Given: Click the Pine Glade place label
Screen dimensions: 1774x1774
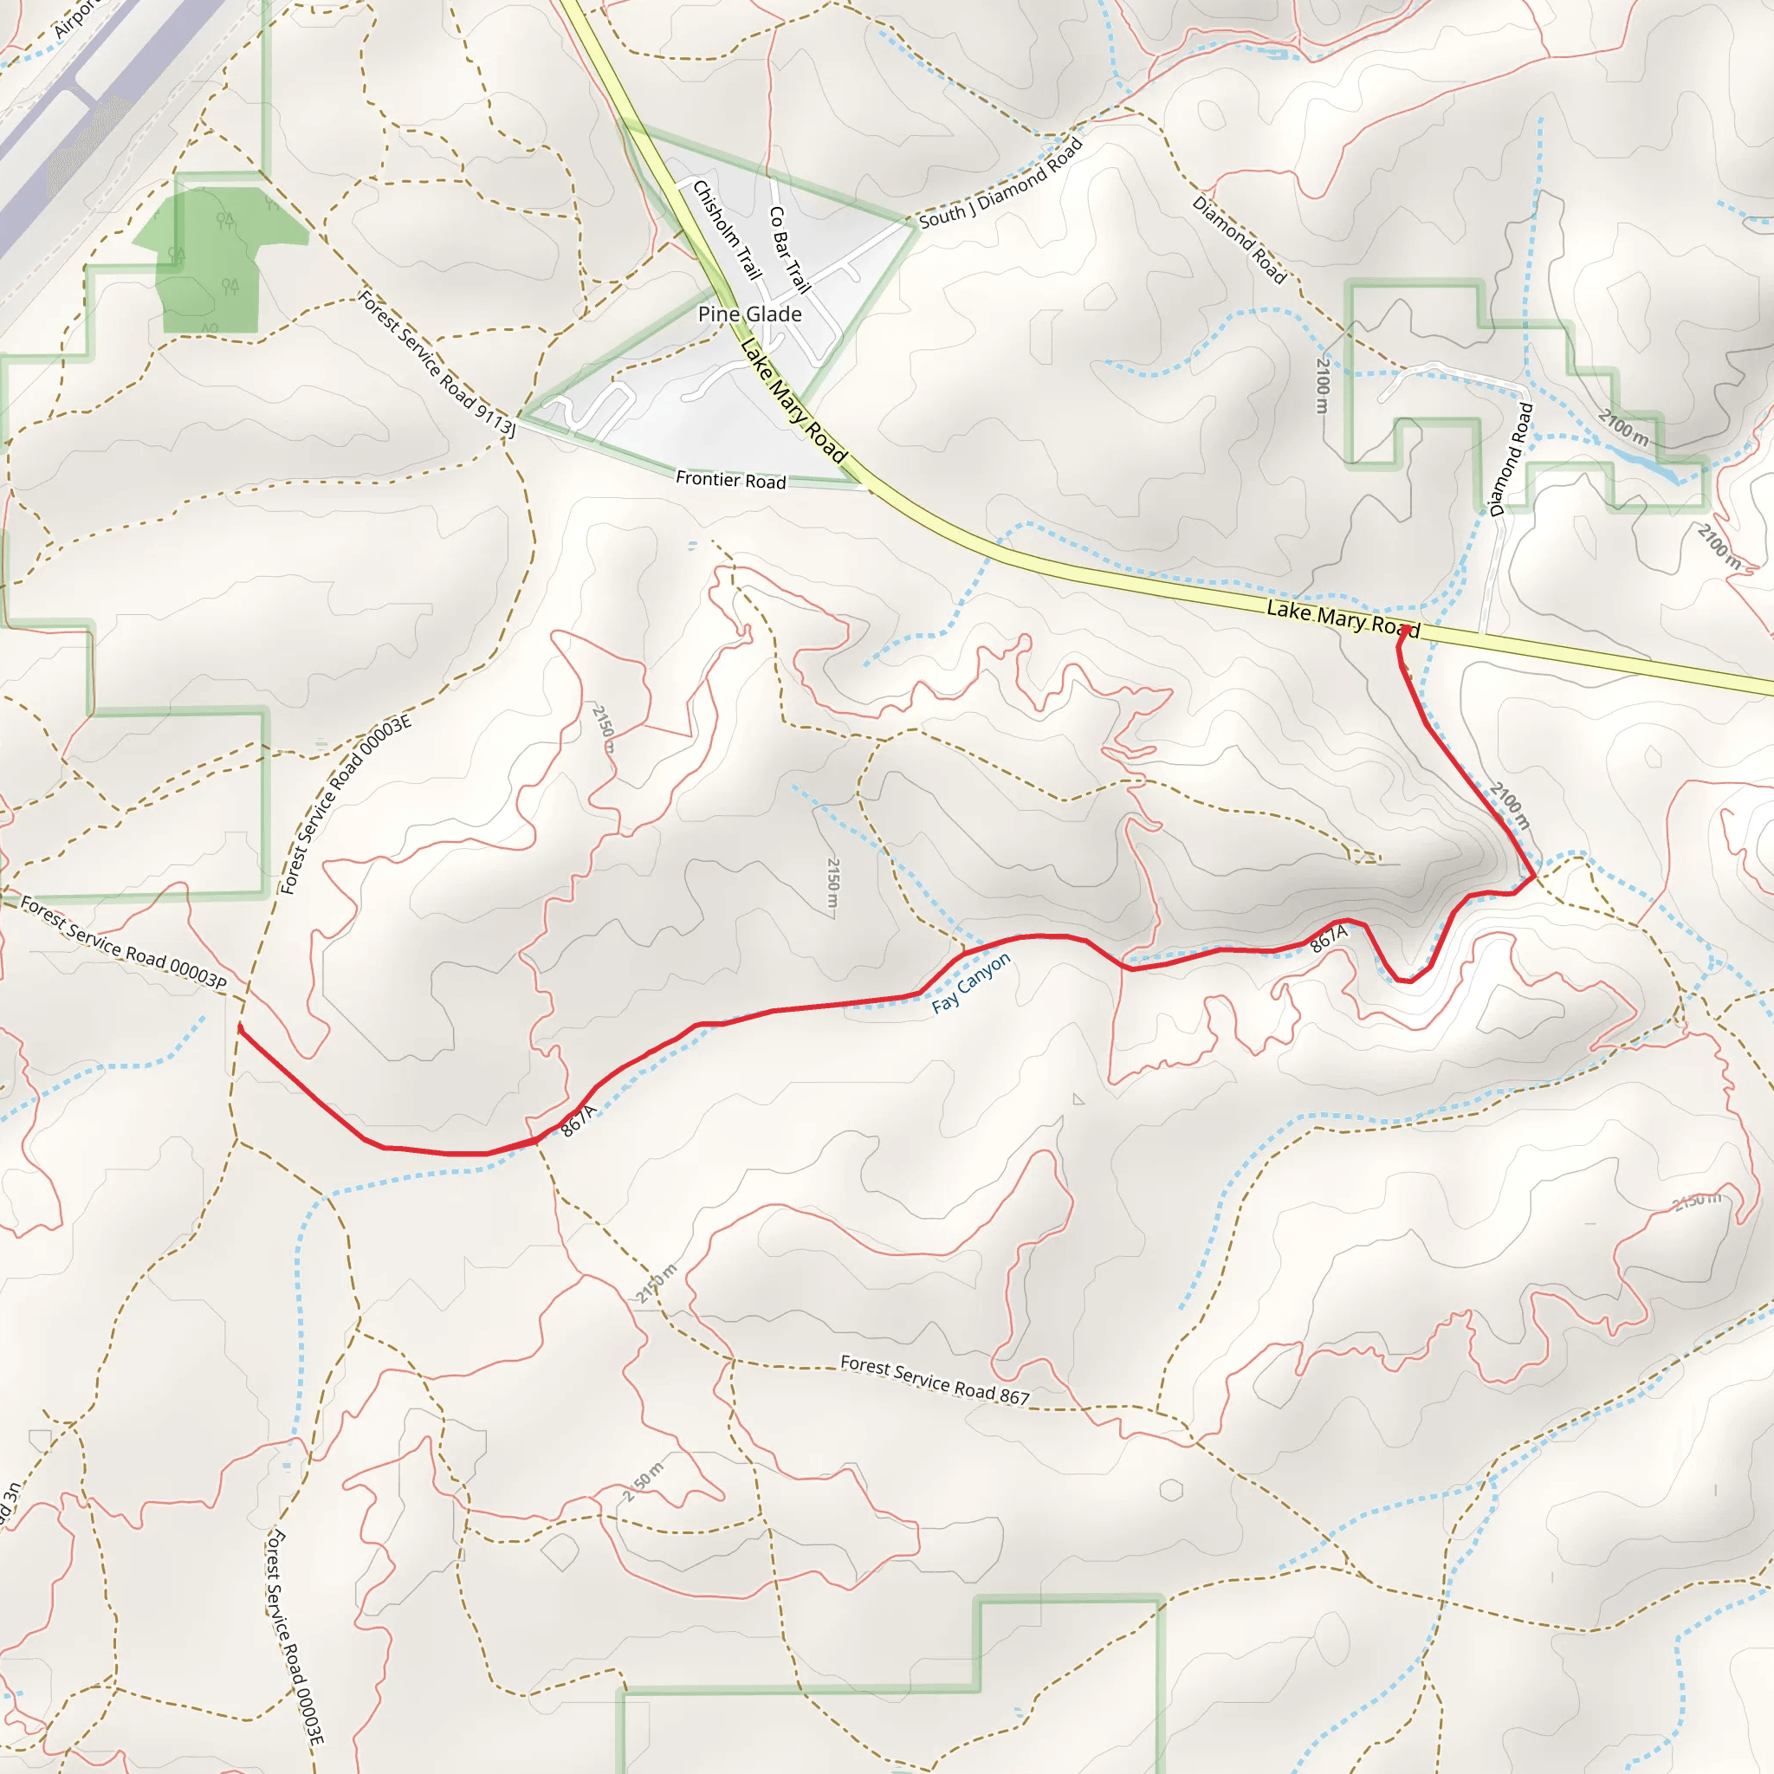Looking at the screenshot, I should [749, 314].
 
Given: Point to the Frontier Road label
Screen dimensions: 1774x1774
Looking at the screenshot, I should [731, 479].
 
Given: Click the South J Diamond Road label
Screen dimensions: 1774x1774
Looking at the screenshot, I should [1000, 183].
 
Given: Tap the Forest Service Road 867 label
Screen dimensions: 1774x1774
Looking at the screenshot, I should [935, 1380].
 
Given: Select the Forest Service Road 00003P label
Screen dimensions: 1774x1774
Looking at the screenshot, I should [123, 943].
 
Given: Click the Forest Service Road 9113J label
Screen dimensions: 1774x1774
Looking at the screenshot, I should [437, 363].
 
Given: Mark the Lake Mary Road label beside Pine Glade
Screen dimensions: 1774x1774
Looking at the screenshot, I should [793, 400].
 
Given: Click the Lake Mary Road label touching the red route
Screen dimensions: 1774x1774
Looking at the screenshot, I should [1343, 618].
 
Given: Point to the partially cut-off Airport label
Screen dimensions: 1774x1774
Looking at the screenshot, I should [74, 18].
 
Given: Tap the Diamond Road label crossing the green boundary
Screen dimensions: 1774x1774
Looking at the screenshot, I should [1511, 459].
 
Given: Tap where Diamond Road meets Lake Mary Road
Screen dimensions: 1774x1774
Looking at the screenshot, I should [1481, 633].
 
